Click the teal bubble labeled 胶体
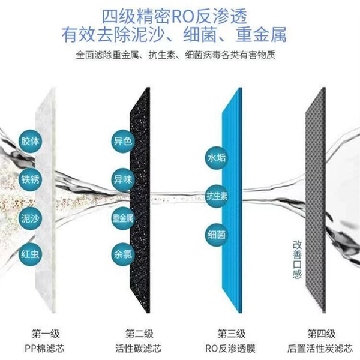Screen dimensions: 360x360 (x=30, y=141)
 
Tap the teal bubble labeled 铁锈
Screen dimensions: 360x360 (x=30, y=179)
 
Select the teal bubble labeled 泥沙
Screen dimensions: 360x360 (x=30, y=218)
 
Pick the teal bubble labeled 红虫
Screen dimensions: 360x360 (x=30, y=254)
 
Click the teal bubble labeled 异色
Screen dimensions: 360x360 (x=123, y=141)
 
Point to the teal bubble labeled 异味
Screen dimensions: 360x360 (x=123, y=179)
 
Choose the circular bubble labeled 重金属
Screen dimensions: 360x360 (x=123, y=218)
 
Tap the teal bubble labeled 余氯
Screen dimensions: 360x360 (x=123, y=254)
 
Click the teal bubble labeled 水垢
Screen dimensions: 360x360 (x=217, y=158)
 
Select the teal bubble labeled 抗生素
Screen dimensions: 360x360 (x=217, y=196)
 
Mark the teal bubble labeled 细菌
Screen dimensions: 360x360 (x=217, y=235)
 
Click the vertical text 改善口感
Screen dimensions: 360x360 (x=297, y=259)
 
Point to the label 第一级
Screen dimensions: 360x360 (x=46, y=334)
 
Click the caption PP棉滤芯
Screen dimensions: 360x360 (x=44, y=349)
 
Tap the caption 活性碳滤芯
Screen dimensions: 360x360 (x=138, y=349)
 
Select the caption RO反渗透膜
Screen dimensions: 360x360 (x=230, y=349)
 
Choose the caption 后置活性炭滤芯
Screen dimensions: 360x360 (x=320, y=349)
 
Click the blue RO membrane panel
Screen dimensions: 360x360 (x=232, y=200)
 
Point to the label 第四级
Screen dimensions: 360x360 (x=322, y=334)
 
